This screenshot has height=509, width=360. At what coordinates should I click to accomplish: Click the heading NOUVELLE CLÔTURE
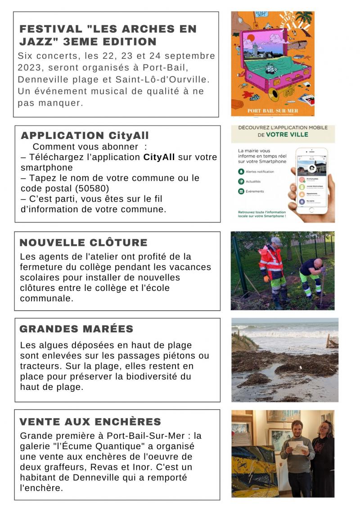[83, 243]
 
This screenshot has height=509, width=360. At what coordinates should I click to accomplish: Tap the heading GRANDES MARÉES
[76, 329]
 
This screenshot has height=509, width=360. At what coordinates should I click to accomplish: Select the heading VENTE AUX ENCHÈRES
[90, 422]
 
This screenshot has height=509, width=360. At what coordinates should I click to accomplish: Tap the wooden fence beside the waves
[332, 342]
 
